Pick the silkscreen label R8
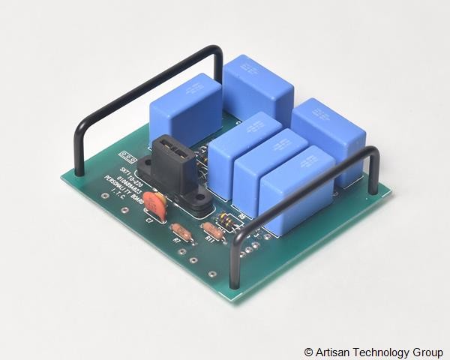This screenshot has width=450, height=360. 242,217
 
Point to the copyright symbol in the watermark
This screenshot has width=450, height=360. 308,352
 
